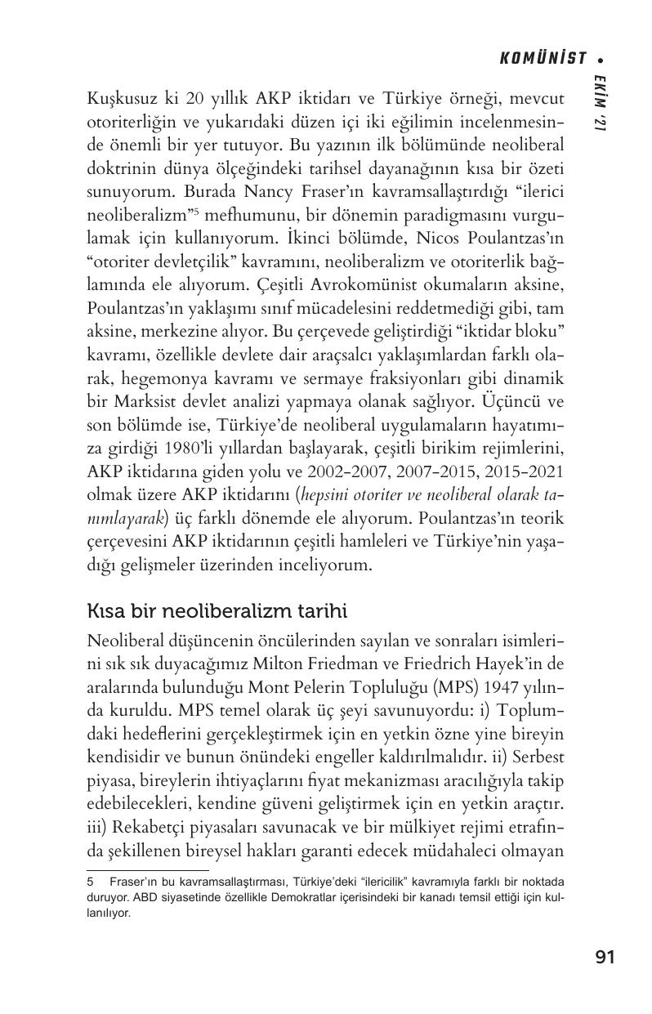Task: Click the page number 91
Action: point(605,957)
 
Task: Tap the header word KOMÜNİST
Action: point(544,58)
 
